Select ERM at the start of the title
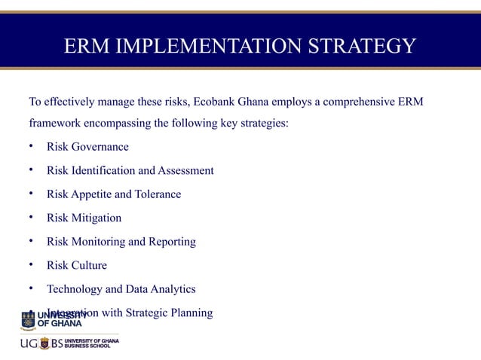point(84,46)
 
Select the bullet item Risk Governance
point(87,147)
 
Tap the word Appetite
point(97,194)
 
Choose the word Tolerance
point(158,194)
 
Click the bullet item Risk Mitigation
point(84,218)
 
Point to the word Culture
point(90,265)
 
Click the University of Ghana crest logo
point(28,320)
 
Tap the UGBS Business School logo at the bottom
point(69,343)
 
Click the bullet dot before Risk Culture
point(31,265)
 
